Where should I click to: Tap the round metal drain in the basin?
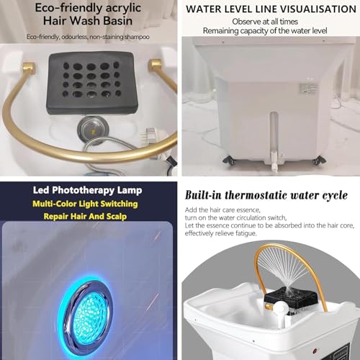[93, 130]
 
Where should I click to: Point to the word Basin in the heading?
[118, 21]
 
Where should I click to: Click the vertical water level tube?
[274, 132]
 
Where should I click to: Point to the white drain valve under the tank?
[274, 161]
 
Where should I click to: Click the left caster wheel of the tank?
[229, 160]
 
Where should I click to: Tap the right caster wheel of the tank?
[319, 160]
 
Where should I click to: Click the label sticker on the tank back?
[308, 88]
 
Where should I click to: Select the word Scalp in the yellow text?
[117, 217]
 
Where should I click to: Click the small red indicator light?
[315, 352]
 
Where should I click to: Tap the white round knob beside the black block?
[282, 307]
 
